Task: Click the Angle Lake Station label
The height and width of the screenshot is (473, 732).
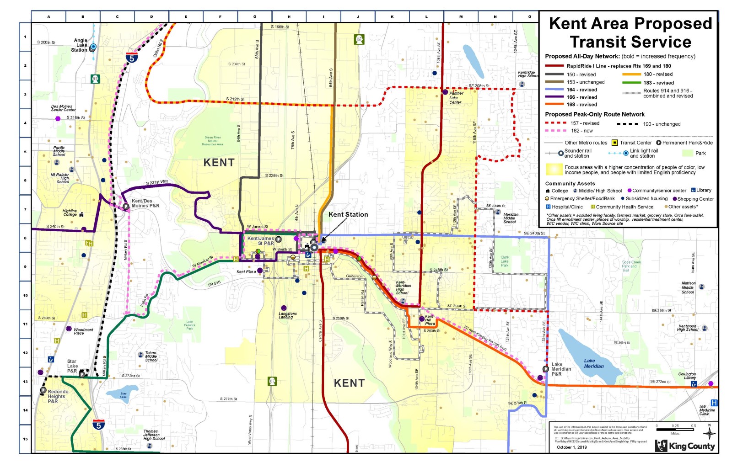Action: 80,45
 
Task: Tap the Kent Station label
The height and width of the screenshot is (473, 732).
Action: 348,214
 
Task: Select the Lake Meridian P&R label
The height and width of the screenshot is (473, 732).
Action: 561,369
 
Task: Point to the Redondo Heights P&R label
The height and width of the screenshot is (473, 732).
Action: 58,396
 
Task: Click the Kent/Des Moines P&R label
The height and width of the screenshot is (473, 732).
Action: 145,203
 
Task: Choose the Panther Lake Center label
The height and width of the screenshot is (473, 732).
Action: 456,98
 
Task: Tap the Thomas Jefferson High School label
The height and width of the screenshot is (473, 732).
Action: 153,435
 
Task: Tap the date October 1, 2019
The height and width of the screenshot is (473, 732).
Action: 571,447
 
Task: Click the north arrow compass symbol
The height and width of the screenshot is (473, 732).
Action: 709,432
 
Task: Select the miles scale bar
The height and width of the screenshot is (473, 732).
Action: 675,430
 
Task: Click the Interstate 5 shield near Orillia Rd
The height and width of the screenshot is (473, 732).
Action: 131,58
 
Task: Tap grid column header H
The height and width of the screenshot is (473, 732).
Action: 289,16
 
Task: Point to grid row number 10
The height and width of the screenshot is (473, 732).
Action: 25,295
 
